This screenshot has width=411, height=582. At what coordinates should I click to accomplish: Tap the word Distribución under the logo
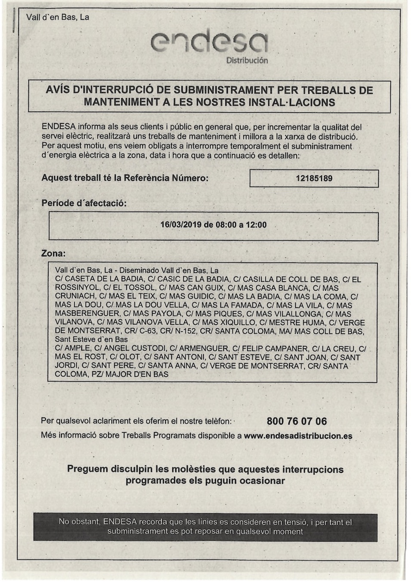[247, 61]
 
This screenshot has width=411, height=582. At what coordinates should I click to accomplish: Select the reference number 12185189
[314, 179]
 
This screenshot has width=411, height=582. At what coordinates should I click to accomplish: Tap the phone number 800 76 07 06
[297, 421]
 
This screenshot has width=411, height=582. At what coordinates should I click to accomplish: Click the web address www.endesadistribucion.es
[298, 436]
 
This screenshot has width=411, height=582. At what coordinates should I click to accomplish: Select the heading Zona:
[53, 253]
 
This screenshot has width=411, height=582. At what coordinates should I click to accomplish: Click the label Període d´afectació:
[84, 203]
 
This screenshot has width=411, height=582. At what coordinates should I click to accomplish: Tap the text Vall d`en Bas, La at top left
[58, 17]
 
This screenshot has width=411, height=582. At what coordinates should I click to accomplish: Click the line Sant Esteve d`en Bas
[91, 339]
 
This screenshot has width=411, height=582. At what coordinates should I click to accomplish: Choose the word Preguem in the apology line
[87, 469]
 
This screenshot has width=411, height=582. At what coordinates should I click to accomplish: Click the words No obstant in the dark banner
[79, 522]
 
